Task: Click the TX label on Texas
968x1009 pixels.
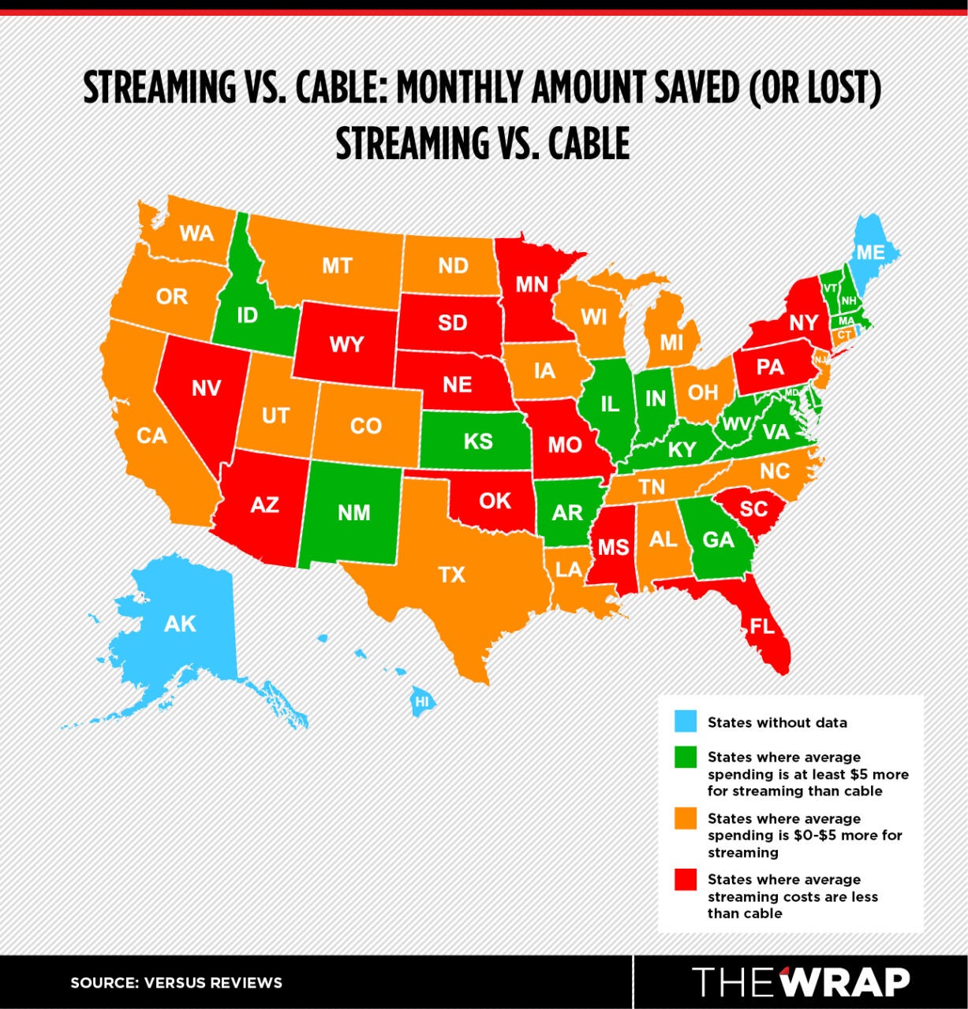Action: pos(452,575)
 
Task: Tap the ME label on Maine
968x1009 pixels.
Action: pos(871,252)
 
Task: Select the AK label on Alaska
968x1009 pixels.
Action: pos(180,624)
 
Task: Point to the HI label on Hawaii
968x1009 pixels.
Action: pos(422,701)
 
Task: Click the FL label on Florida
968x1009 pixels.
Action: pos(762,627)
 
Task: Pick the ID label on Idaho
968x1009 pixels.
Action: pos(247,316)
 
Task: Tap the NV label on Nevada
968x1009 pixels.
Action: pos(206,388)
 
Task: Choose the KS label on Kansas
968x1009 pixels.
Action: pos(478,440)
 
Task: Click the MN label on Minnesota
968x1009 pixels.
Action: pos(532,284)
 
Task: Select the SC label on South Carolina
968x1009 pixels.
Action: pos(753,508)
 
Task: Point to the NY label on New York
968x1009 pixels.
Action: pos(803,322)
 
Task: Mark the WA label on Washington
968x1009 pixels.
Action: pos(196,233)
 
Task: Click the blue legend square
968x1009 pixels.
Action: pos(686,721)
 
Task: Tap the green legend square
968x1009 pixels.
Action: pos(686,757)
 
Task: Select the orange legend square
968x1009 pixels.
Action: pos(686,818)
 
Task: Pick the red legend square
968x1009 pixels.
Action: pos(686,879)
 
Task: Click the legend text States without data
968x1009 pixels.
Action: pos(777,722)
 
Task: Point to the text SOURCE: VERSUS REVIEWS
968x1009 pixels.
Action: pos(176,983)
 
